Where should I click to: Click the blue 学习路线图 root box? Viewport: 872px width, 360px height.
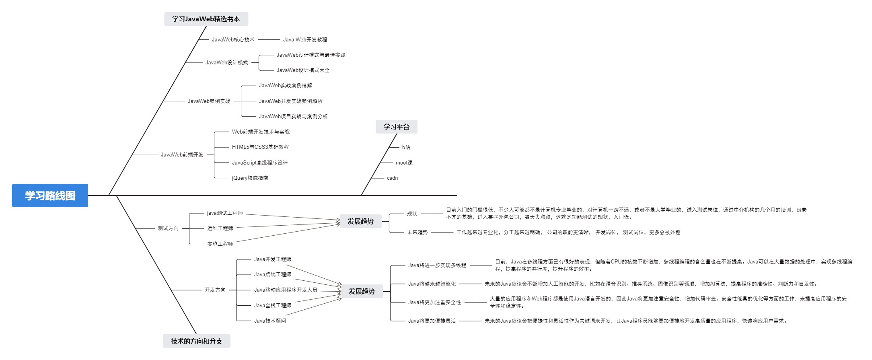pos(50,195)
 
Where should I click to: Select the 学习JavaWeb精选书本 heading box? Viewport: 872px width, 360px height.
pos(206,19)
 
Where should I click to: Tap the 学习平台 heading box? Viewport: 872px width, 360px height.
pos(396,127)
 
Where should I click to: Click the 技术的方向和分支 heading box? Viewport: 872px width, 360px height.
pos(196,341)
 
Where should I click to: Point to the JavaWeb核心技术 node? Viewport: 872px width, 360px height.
pos(233,39)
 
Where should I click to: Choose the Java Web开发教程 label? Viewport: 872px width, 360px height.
pos(305,39)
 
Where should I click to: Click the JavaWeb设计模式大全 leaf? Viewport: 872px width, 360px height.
pos(303,70)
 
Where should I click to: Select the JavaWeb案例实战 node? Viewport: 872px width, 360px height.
pos(209,101)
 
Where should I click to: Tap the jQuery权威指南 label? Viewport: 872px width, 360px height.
pos(250,178)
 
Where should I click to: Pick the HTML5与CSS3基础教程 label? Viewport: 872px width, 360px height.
pos(260,147)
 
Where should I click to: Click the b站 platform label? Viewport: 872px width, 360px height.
pos(406,147)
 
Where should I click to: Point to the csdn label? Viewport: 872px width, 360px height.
pos(392,178)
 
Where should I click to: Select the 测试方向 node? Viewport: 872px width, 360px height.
pos(168,228)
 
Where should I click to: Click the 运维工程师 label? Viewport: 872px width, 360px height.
pos(220,228)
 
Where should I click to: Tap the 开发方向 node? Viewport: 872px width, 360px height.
pos(215,290)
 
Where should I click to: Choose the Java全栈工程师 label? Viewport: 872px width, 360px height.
pos(272,305)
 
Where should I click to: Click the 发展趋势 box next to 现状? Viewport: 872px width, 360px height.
pos(360,221)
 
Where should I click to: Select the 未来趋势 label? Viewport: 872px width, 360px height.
pos(417,232)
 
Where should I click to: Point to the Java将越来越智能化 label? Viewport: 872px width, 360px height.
pos(432,284)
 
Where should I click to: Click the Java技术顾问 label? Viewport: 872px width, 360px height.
pos(270,321)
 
